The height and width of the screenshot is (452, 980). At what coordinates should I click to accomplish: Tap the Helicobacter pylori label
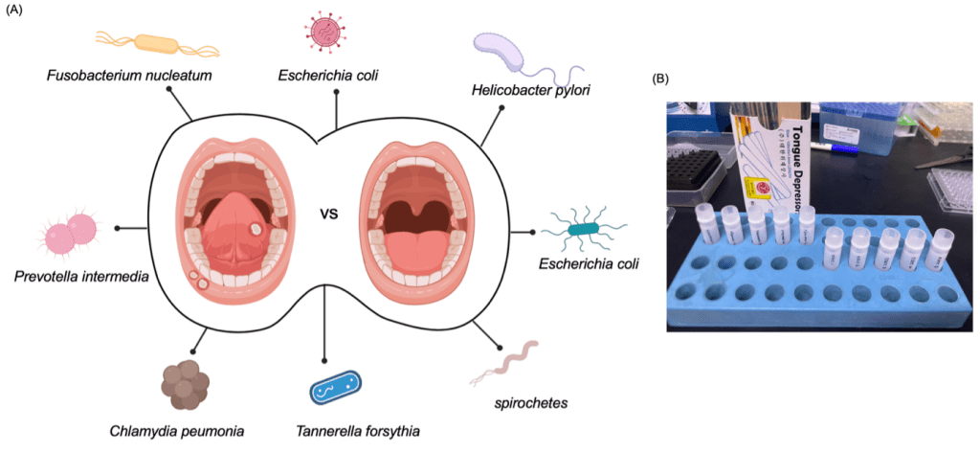529,90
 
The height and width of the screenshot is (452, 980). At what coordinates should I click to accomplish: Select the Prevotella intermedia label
81,277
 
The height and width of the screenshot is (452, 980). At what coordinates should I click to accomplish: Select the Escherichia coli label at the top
326,74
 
